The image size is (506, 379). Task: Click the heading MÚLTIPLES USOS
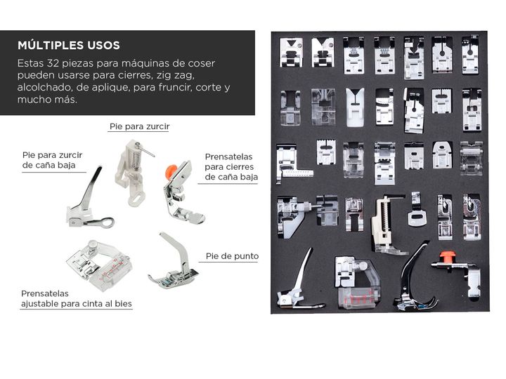[69, 45]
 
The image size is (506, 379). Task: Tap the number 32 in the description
[53, 63]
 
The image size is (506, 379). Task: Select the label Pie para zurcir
[139, 126]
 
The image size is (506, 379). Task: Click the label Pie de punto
[233, 256]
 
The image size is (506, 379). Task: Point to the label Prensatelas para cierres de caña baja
[231, 167]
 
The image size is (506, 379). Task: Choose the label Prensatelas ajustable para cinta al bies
[77, 299]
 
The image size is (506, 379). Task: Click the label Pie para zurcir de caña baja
[52, 160]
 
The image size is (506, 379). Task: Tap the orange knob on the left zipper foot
[171, 171]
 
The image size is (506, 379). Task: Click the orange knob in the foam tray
[446, 257]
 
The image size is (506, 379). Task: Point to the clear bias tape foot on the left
[98, 265]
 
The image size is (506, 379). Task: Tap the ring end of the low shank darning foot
[107, 222]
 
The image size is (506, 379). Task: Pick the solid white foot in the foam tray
[355, 107]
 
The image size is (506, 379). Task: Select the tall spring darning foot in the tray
[387, 225]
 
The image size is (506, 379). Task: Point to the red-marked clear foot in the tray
[358, 283]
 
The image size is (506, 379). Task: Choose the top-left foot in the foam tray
[291, 53]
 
